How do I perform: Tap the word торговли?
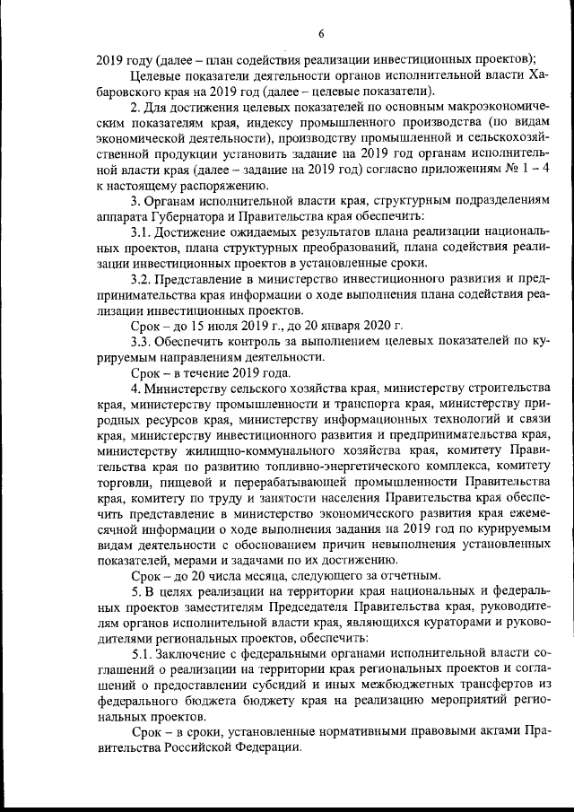[x=123, y=480]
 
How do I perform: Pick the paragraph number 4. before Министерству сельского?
[x=135, y=387]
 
